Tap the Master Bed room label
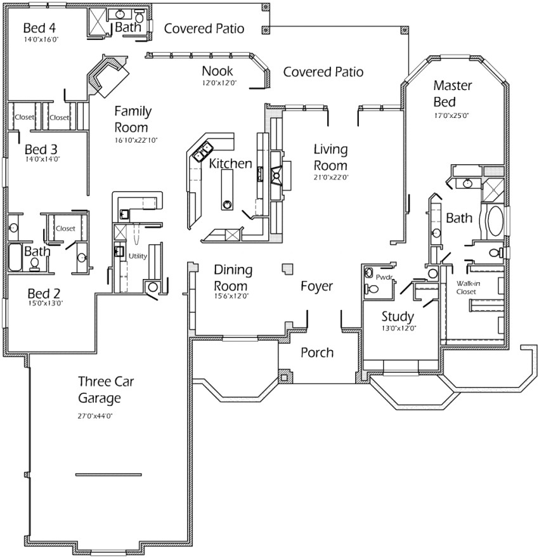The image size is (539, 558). point(451,93)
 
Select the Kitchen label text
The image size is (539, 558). point(230,164)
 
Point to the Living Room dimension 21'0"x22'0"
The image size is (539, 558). point(331,178)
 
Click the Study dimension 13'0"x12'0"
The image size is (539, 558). point(398,328)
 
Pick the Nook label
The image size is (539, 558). point(218,71)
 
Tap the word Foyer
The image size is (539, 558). point(316,287)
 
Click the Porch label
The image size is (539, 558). point(316,353)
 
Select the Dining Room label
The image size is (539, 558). point(233,278)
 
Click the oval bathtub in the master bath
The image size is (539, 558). point(494,221)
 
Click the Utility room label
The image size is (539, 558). point(138,256)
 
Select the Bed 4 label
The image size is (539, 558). point(39,28)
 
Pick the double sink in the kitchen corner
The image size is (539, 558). point(204,151)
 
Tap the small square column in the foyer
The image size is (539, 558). point(288,269)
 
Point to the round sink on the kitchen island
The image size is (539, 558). point(226,204)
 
